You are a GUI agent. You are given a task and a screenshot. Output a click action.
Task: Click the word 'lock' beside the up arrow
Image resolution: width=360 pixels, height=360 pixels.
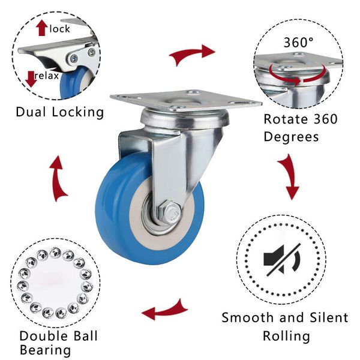click(x=59, y=29)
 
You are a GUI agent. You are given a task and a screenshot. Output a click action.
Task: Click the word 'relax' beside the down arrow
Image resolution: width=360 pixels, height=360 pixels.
click(x=47, y=76)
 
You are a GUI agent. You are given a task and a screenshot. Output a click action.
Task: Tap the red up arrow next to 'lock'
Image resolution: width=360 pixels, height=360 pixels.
click(x=42, y=28)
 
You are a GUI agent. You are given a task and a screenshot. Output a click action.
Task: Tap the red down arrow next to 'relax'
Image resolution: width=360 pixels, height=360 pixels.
click(x=31, y=79)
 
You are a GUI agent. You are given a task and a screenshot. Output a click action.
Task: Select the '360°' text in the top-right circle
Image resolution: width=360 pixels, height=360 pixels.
click(x=298, y=43)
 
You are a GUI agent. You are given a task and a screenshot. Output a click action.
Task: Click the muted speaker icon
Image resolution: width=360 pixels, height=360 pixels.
click(x=282, y=260)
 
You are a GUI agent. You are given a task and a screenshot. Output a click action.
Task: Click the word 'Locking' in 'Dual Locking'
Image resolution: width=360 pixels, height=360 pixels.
click(x=77, y=113)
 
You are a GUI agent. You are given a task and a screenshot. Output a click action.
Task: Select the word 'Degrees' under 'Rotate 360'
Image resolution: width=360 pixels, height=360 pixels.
click(x=291, y=137)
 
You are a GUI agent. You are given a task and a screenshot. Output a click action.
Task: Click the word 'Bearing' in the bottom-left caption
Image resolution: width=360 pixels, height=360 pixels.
click(x=45, y=350)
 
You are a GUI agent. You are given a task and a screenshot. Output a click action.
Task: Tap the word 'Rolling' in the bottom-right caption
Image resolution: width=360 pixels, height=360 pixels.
click(x=286, y=337)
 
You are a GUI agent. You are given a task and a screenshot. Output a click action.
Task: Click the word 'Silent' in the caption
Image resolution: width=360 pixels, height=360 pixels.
click(x=329, y=317)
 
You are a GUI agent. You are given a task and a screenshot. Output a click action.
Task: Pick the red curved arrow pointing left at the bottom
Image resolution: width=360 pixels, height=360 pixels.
click(x=164, y=310)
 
